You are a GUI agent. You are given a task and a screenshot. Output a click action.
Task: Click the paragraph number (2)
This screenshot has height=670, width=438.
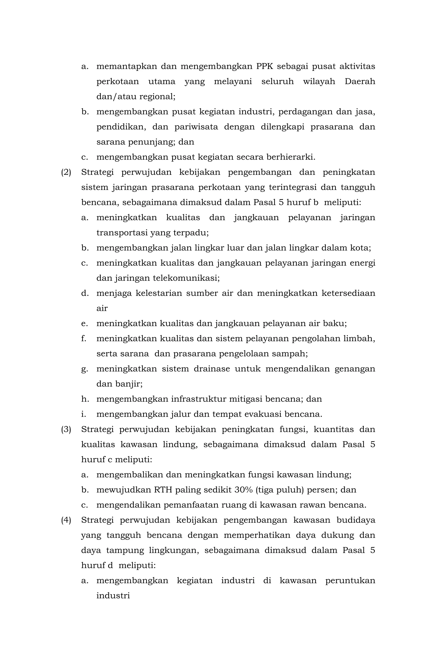(66, 172)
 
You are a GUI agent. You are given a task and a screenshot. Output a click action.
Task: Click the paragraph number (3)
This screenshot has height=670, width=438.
(66, 429)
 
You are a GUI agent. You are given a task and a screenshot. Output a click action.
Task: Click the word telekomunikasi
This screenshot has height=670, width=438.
(186, 278)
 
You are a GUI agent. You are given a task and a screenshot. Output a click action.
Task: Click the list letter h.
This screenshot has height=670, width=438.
(85, 399)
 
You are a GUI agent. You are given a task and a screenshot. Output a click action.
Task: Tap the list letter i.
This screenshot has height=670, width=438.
(84, 414)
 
